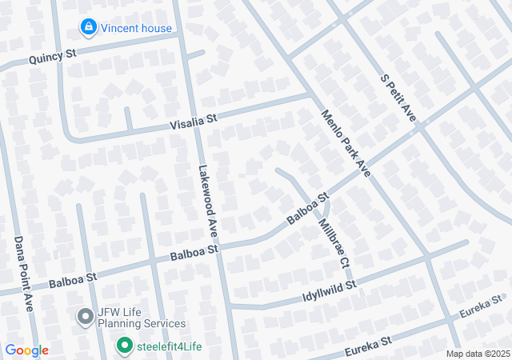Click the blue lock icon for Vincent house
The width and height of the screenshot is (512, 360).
pyautogui.click(x=88, y=28)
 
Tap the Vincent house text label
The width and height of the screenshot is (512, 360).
pyautogui.click(x=137, y=29)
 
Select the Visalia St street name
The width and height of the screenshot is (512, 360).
pyautogui.click(x=193, y=122)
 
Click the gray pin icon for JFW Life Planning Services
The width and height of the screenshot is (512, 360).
pyautogui.click(x=84, y=317)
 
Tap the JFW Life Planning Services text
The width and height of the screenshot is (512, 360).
pyautogui.click(x=142, y=318)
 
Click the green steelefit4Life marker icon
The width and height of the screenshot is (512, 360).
pyautogui.click(x=124, y=346)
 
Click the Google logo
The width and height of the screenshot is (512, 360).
pyautogui.click(x=27, y=350)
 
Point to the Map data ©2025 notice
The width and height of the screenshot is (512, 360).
pyautogui.click(x=477, y=354)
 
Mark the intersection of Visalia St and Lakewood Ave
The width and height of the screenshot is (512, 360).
pyautogui.click(x=197, y=122)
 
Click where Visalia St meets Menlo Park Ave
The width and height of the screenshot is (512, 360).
pyautogui.click(x=310, y=95)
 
